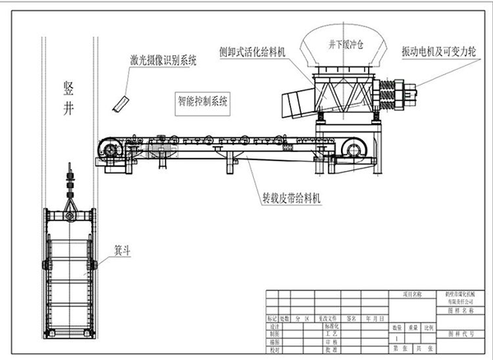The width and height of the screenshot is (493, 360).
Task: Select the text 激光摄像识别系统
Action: (x=164, y=61)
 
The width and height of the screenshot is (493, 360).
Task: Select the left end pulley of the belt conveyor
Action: (x=108, y=148)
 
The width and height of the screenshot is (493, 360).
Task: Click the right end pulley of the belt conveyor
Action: (x=354, y=149)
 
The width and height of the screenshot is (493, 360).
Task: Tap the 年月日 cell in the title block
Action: (x=374, y=316)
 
